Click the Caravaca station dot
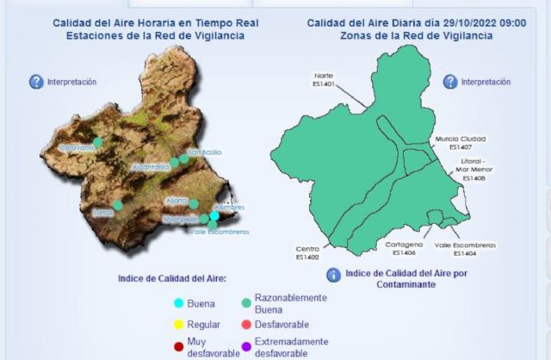click(98, 142)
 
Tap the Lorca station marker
click(118, 206)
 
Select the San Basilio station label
click(205, 152)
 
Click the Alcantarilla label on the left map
click(151, 167)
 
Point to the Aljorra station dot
click(194, 204)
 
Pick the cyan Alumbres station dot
click(214, 216)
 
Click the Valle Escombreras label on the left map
click(219, 232)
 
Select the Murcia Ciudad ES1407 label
click(461, 142)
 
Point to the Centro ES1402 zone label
click(307, 252)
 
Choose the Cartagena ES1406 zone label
click(403, 249)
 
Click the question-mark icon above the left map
click(36, 82)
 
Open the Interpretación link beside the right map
click(486, 82)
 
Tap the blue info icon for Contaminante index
click(333, 275)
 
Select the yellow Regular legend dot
click(178, 325)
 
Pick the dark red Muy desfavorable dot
click(178, 347)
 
